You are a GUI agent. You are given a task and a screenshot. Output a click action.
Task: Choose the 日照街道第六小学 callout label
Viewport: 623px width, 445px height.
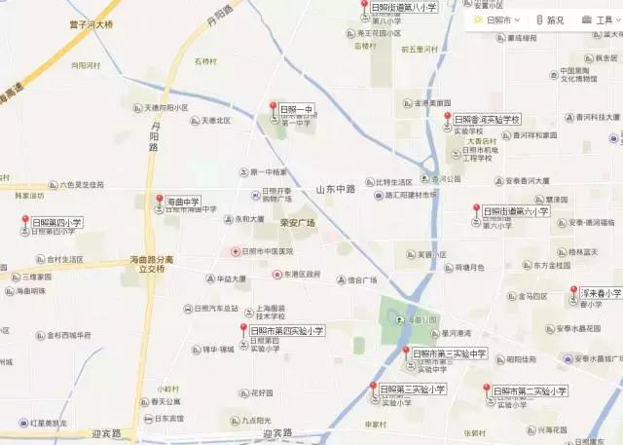click(518, 210)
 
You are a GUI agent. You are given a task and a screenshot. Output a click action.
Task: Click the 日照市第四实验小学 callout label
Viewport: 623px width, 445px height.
click(286, 331)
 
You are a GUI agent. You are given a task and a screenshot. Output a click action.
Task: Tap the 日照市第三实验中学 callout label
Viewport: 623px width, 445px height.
click(449, 353)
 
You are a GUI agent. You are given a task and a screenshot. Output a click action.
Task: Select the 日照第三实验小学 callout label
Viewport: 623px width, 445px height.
click(413, 389)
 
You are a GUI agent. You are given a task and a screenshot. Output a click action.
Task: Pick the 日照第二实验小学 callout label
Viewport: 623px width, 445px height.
click(530, 390)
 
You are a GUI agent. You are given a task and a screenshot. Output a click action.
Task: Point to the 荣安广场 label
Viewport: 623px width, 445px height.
click(298, 223)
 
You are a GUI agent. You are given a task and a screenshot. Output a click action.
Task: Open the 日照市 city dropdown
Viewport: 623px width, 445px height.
click(497, 19)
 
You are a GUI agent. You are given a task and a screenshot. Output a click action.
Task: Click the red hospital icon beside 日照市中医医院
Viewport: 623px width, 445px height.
click(236, 251)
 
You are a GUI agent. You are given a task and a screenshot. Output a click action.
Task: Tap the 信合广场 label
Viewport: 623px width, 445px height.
click(362, 280)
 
